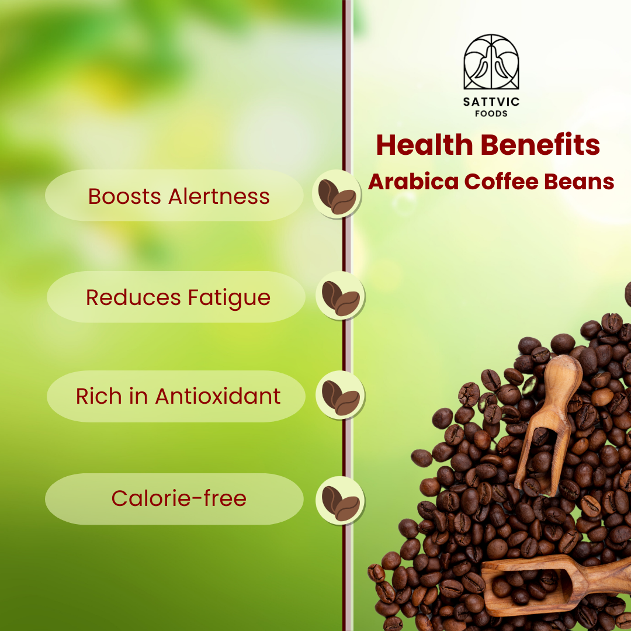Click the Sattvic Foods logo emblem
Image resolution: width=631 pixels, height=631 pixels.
pos(491,62)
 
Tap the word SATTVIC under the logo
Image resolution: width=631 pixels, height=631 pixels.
pos(491,102)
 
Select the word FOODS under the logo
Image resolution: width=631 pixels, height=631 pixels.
pos(491,113)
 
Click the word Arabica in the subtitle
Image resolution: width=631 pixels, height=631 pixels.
pos(413,182)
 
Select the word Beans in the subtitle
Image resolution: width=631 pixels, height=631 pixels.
pos(579,182)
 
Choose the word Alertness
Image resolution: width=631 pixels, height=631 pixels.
pos(219,196)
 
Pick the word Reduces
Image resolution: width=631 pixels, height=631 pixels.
pos(133,298)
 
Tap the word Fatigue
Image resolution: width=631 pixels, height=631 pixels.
pos(230,299)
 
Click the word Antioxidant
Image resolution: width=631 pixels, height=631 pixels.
pos(218,396)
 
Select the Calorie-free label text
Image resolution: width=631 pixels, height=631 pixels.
pos(179,498)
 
